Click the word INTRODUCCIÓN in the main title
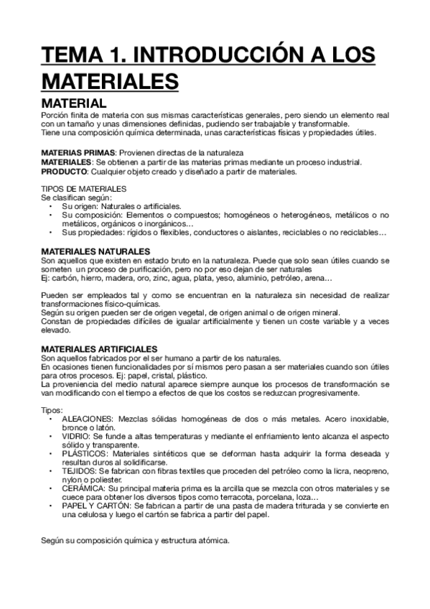[x=210, y=56]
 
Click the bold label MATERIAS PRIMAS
[x=78, y=154]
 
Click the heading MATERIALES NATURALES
[x=95, y=251]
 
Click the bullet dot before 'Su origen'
[x=50, y=206]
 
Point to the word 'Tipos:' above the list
[x=52, y=409]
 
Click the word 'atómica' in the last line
[x=212, y=541]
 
